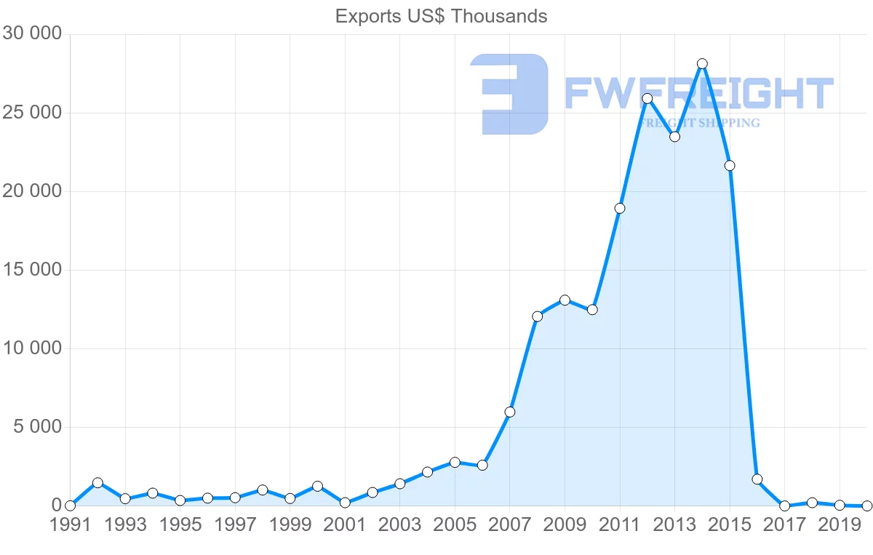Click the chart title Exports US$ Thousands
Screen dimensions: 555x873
[x=441, y=16]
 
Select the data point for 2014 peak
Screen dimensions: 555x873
[x=702, y=64]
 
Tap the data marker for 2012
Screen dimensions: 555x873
[x=647, y=98]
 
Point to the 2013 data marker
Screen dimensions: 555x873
[x=674, y=137]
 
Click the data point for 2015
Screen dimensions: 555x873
[x=730, y=166]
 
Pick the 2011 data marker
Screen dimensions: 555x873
[x=620, y=209]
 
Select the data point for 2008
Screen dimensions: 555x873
[x=538, y=316]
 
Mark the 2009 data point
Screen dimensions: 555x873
[x=565, y=300]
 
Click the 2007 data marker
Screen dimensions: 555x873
[x=510, y=412]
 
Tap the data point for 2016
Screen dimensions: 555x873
[x=757, y=479]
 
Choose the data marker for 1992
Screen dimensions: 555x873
[x=97, y=483]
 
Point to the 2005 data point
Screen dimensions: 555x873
[x=455, y=463]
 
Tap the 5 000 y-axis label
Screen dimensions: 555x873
[x=38, y=427]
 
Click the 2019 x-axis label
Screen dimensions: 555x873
[x=839, y=525]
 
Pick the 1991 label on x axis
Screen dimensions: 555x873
[x=71, y=525]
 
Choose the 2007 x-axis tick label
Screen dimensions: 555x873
[x=509, y=525]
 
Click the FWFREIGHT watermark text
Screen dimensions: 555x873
[x=699, y=94]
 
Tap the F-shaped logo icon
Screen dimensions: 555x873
[x=509, y=94]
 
